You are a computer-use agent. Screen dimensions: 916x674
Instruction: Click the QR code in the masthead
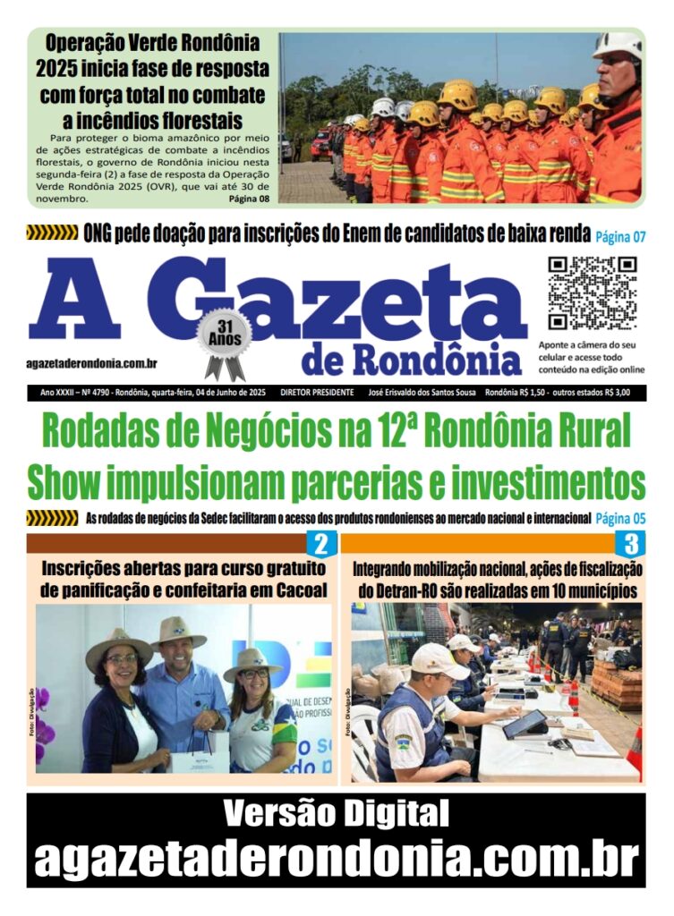(592, 293)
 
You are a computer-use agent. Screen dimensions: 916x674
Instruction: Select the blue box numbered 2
(321, 544)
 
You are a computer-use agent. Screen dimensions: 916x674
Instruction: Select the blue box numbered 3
(630, 544)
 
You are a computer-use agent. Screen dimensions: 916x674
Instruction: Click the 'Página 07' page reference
(620, 236)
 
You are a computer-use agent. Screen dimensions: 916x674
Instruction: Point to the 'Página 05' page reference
(620, 517)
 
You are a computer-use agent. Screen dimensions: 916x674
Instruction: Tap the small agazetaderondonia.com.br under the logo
(92, 363)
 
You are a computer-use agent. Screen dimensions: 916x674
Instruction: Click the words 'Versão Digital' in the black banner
(337, 814)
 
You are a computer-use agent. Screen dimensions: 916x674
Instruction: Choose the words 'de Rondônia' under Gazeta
(412, 360)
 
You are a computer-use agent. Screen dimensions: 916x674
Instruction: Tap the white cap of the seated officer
(439, 660)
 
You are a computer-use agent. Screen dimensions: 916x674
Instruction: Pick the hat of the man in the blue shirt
(178, 633)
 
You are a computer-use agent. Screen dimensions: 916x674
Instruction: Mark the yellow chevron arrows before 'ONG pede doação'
(52, 234)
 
